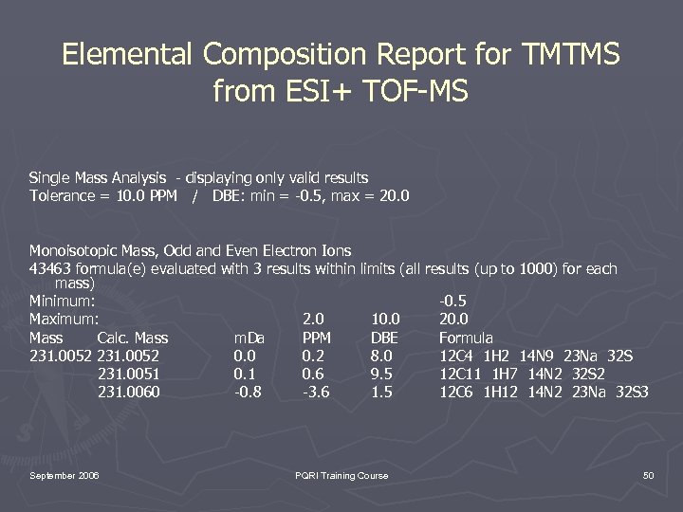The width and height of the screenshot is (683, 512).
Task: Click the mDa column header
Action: [x=249, y=338]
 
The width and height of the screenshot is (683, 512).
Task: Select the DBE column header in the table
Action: [x=384, y=338]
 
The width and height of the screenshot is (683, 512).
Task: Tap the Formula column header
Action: [x=466, y=338]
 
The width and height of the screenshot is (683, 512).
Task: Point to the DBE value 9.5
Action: [x=382, y=374]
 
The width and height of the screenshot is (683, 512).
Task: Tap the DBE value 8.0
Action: [x=382, y=356]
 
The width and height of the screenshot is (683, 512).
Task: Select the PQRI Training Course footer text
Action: [x=341, y=475]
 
